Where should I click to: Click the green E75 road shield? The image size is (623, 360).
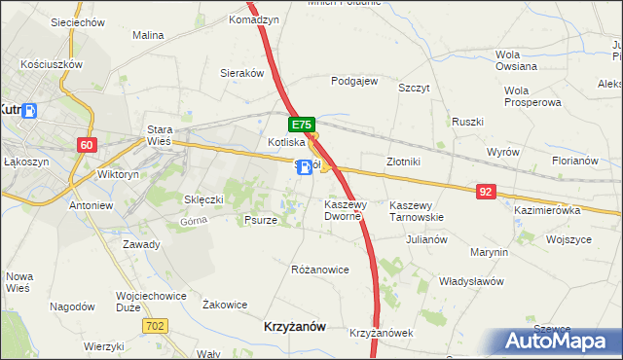click(302, 126)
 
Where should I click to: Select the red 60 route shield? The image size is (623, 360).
click(88, 145)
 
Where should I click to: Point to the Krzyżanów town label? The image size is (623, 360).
click(295, 328)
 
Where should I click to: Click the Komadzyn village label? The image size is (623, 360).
click(254, 19)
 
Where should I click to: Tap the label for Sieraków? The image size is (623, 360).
click(242, 73)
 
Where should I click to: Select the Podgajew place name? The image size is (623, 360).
click(354, 82)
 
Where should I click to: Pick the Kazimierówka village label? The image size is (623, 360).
click(546, 210)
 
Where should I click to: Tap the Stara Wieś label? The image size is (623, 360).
click(159, 135)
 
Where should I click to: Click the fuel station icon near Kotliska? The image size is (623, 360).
click(306, 168)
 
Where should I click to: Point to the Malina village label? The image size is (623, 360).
click(148, 35)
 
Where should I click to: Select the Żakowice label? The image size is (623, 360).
click(224, 305)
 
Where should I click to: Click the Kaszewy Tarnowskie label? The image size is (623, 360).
click(417, 211)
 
